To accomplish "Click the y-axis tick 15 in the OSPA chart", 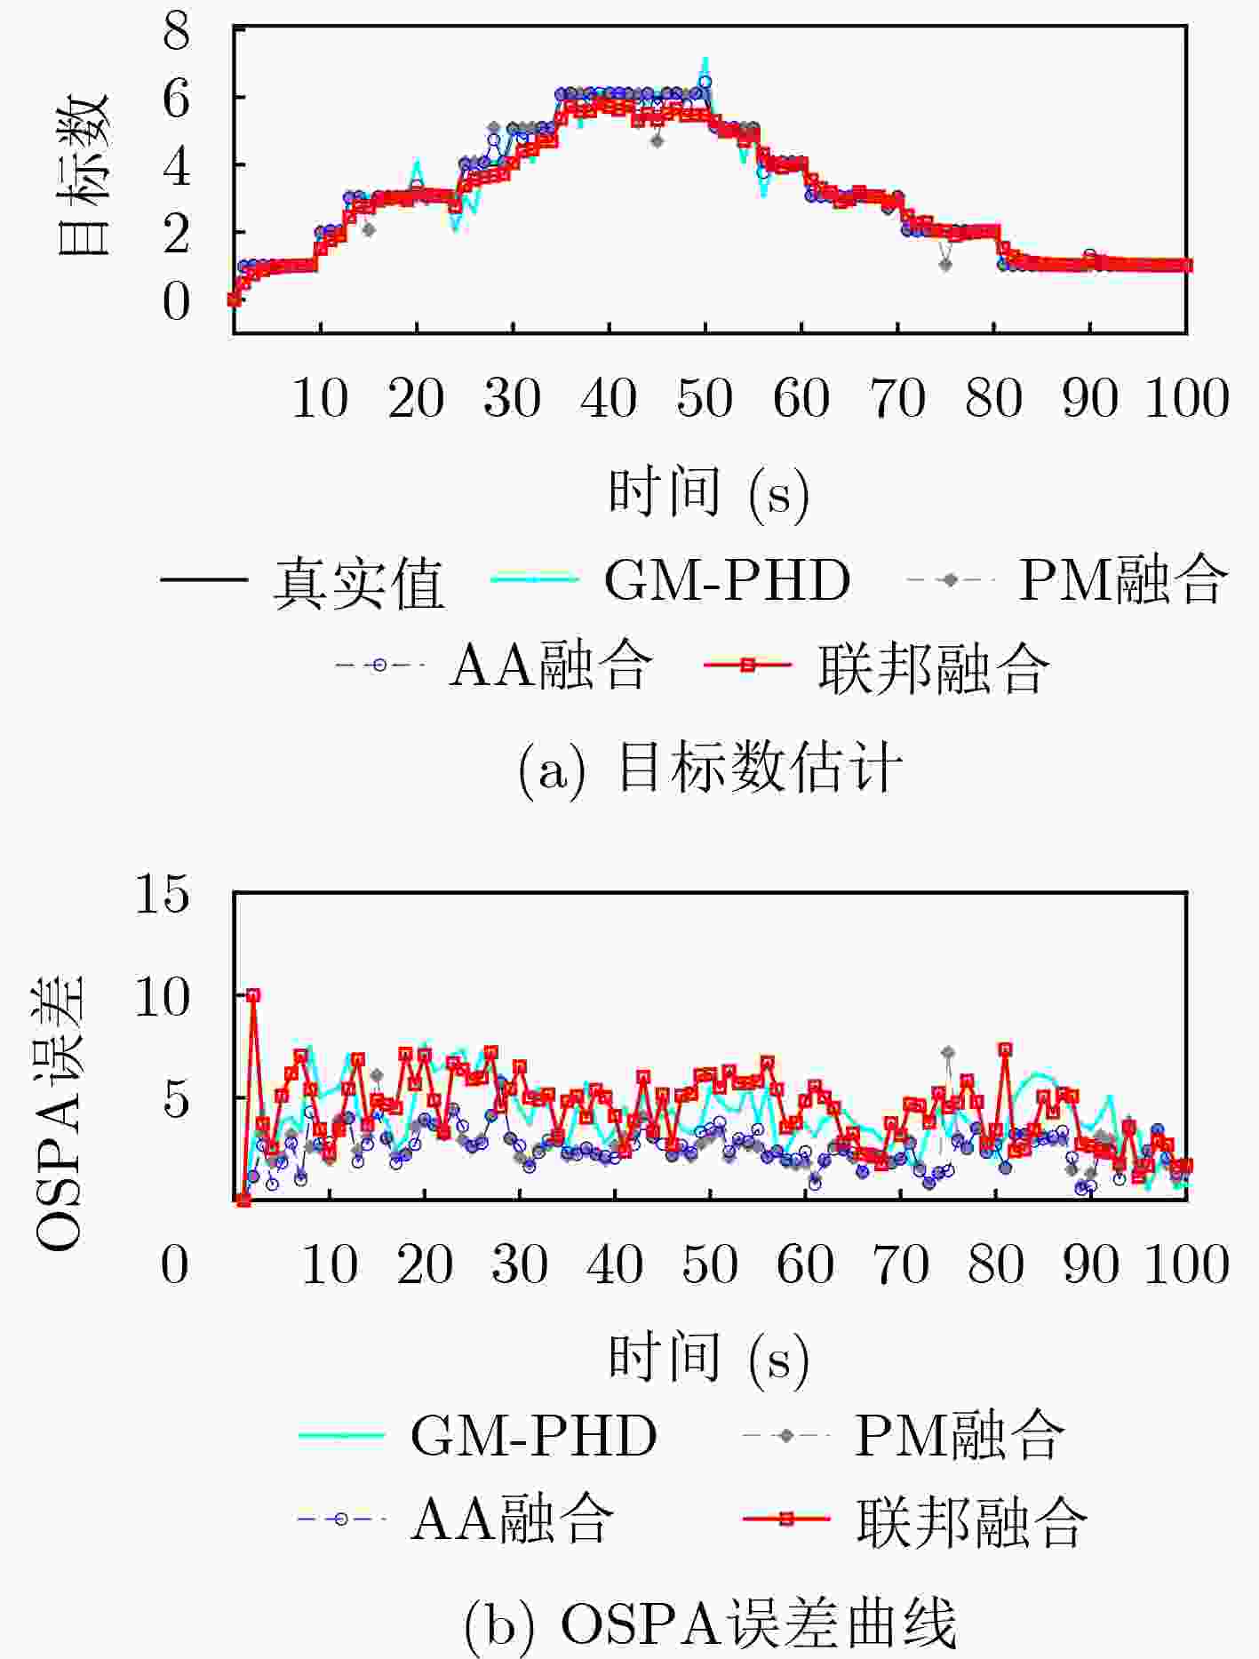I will click(x=162, y=894).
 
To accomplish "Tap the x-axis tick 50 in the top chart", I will click(x=705, y=398).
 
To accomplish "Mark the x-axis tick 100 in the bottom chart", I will click(x=1187, y=1264).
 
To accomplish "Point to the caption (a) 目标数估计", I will click(x=709, y=768).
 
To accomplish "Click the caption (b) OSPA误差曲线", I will click(x=709, y=1624).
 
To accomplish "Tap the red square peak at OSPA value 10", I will click(x=253, y=995).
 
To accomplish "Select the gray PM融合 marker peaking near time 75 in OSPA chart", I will click(x=948, y=1052).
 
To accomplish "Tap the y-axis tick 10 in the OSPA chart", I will click(x=162, y=997).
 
